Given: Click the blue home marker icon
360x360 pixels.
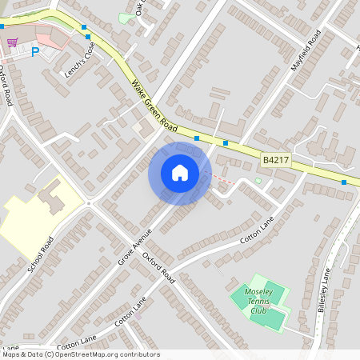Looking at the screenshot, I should tap(179, 173).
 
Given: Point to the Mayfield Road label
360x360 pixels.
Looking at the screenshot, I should tap(306, 50).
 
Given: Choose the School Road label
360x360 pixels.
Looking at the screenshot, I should tap(40, 254).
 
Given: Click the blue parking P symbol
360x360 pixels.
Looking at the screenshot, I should tap(34, 52).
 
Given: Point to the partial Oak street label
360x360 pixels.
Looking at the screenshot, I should tap(140, 8).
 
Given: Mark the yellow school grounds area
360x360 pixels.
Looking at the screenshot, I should tap(28, 220).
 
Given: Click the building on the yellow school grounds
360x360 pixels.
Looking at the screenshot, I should tap(53, 195).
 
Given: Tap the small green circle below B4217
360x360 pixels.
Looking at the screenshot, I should tap(258, 181).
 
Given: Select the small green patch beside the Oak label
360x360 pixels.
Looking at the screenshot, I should tap(126, 18).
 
